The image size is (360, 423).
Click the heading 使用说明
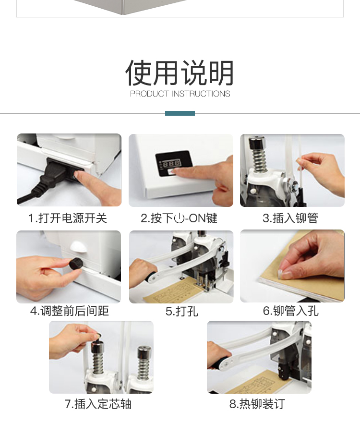pyautogui.click(x=180, y=73)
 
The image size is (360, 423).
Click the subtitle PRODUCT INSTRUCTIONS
pyautogui.click(x=180, y=94)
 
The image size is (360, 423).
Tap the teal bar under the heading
pyautogui.click(x=180, y=113)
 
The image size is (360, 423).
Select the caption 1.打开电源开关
pyautogui.click(x=68, y=218)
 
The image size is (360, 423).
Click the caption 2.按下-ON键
pyautogui.click(x=179, y=218)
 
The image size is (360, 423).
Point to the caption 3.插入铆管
pyautogui.click(x=290, y=218)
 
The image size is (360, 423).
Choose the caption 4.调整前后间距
pyautogui.click(x=69, y=311)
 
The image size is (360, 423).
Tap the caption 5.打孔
pyautogui.click(x=182, y=311)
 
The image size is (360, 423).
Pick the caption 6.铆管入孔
pyautogui.click(x=291, y=311)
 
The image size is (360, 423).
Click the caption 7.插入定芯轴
pyautogui.click(x=98, y=404)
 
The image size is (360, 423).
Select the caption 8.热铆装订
pyautogui.click(x=257, y=404)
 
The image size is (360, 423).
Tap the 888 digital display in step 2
pyautogui.click(x=171, y=163)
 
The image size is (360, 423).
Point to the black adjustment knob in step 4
pyautogui.click(x=76, y=264)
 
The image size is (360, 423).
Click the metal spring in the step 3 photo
pyautogui.click(x=259, y=160)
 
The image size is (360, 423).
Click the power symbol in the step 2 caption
pyautogui.click(x=179, y=218)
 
